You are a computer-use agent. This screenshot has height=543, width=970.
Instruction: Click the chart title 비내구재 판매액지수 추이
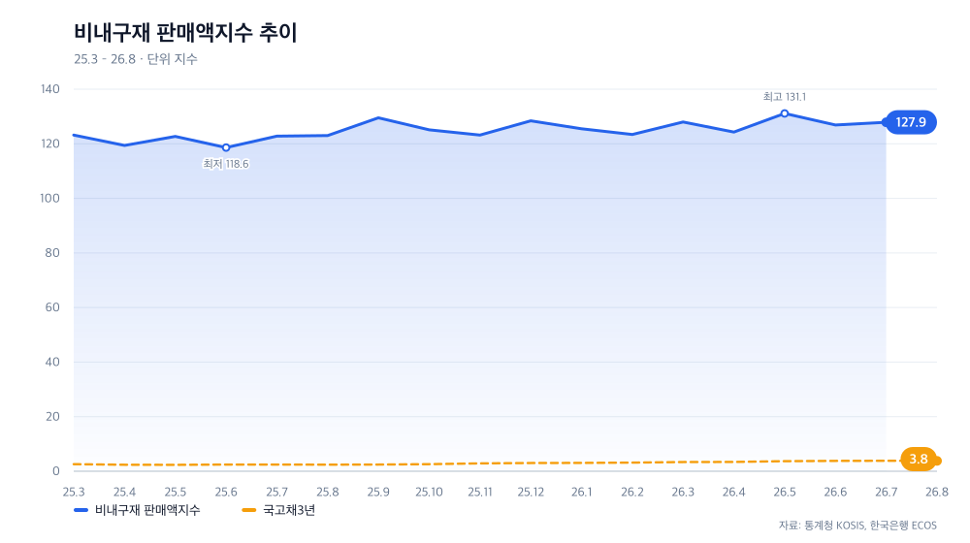pos(185,33)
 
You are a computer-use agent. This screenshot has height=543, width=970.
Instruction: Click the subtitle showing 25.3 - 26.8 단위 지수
pos(136,59)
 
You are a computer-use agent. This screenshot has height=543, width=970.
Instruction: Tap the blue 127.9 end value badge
pos(911,122)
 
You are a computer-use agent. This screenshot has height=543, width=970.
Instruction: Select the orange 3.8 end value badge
pos(919,460)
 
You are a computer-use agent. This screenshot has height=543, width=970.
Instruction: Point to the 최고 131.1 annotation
pos(785,97)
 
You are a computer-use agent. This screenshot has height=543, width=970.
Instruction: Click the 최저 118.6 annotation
pos(226,164)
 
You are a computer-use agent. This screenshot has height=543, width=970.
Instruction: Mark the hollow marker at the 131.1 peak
pos(785,113)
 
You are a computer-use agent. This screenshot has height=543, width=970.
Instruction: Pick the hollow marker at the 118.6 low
pos(226,147)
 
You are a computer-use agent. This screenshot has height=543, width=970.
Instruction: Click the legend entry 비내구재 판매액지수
pos(137,510)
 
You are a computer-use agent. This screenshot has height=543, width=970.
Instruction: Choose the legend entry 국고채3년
pos(279,510)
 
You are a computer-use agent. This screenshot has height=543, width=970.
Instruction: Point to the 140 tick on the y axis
pos(50,89)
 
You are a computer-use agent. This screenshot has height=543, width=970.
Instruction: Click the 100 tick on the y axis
pos(50,199)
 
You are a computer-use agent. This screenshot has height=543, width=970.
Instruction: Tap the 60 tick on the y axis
pos(52,307)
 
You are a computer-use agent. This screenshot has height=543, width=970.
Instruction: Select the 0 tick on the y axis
pos(55,471)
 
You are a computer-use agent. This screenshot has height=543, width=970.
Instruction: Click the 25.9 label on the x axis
pos(378,493)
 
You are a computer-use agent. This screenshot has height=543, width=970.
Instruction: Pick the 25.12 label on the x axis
pos(531,493)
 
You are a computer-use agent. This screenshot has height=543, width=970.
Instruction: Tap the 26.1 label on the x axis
pos(581,493)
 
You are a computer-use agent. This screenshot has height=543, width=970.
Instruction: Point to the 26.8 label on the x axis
pos(937,493)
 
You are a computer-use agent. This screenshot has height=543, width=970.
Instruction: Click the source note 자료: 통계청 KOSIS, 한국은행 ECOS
pos(857,526)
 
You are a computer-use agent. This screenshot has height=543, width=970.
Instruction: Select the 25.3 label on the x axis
pos(74,493)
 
